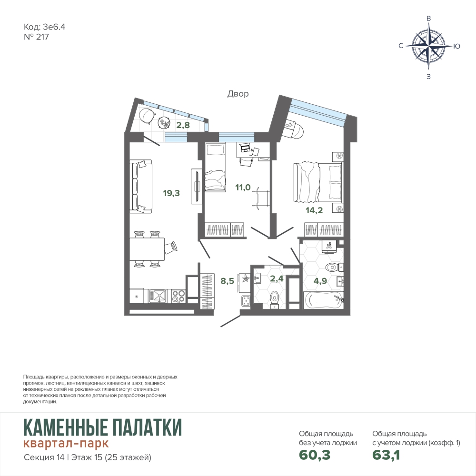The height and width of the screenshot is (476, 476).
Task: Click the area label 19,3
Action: point(171,193)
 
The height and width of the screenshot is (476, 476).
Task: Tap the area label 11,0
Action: point(243,188)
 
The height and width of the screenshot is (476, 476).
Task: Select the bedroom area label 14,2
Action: point(314,210)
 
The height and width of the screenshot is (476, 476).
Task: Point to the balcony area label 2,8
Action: point(183,125)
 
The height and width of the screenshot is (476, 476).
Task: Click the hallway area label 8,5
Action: point(228,281)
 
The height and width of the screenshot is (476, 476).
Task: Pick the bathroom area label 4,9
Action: point(320,281)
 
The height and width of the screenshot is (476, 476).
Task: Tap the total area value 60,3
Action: point(315,455)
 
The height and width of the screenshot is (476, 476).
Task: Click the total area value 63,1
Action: point(386,455)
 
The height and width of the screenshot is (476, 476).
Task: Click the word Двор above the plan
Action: point(238,94)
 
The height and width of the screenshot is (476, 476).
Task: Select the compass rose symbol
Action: point(428,46)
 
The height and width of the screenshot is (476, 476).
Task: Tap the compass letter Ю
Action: point(456,46)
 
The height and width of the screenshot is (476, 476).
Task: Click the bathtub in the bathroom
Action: point(323,300)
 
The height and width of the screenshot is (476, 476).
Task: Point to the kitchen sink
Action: point(157,296)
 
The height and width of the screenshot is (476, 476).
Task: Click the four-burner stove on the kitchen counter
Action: point(178,296)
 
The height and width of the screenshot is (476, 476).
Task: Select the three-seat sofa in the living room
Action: point(140,187)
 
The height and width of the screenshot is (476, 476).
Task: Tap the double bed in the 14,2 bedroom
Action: point(317,182)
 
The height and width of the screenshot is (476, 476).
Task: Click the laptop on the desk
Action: point(244,149)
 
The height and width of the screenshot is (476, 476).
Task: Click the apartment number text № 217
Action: point(36,37)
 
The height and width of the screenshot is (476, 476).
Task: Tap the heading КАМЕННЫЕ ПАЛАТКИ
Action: point(103,427)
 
